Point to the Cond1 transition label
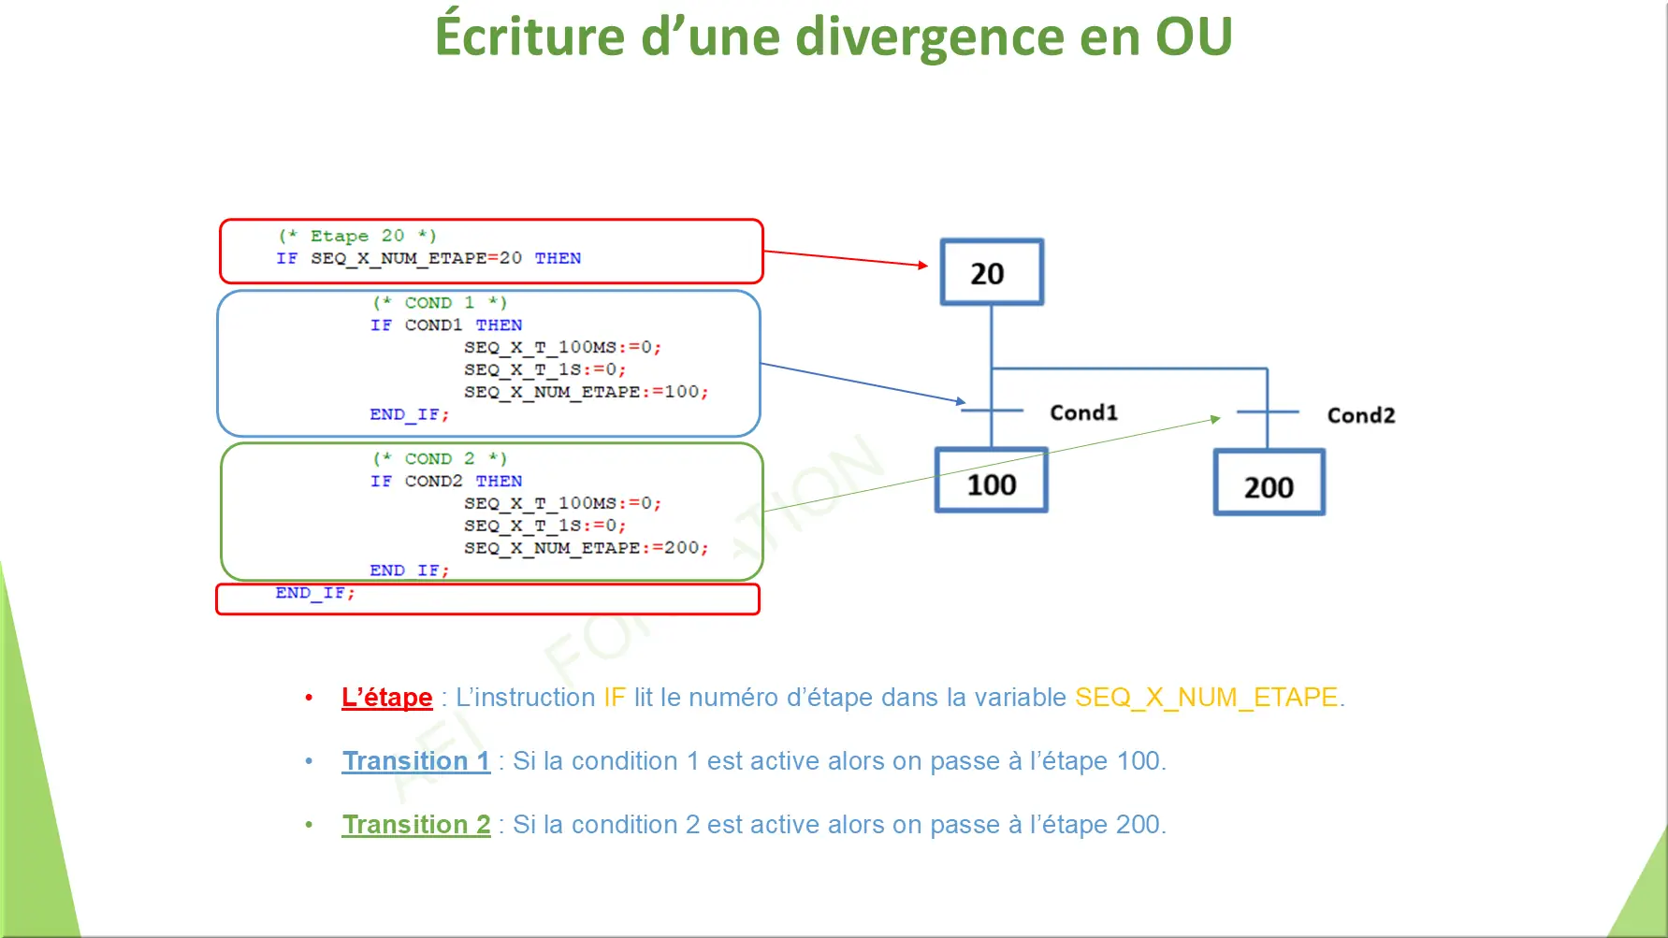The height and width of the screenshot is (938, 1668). click(x=1083, y=412)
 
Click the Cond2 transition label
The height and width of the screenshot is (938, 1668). click(x=1361, y=415)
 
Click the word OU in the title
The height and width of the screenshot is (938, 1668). click(x=1194, y=36)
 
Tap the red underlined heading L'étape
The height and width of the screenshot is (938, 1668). click(x=387, y=698)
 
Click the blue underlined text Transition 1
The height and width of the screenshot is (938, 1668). click(x=416, y=761)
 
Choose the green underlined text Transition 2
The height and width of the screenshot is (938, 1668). click(x=416, y=825)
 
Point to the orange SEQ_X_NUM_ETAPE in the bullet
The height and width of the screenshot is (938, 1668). click(x=1207, y=698)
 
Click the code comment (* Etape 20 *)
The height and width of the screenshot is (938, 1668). click(x=357, y=236)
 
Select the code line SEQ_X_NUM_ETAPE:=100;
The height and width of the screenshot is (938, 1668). click(x=587, y=392)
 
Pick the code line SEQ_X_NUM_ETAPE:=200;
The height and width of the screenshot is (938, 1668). click(x=587, y=548)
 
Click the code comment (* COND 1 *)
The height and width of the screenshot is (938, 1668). click(x=440, y=303)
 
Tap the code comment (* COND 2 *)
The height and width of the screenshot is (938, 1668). click(x=440, y=459)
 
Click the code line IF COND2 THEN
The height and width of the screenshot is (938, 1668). click(x=446, y=482)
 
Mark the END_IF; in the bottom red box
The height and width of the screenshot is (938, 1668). click(x=315, y=593)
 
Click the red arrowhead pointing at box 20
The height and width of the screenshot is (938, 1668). click(x=922, y=266)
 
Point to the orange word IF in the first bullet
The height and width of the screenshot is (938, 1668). click(x=615, y=698)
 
